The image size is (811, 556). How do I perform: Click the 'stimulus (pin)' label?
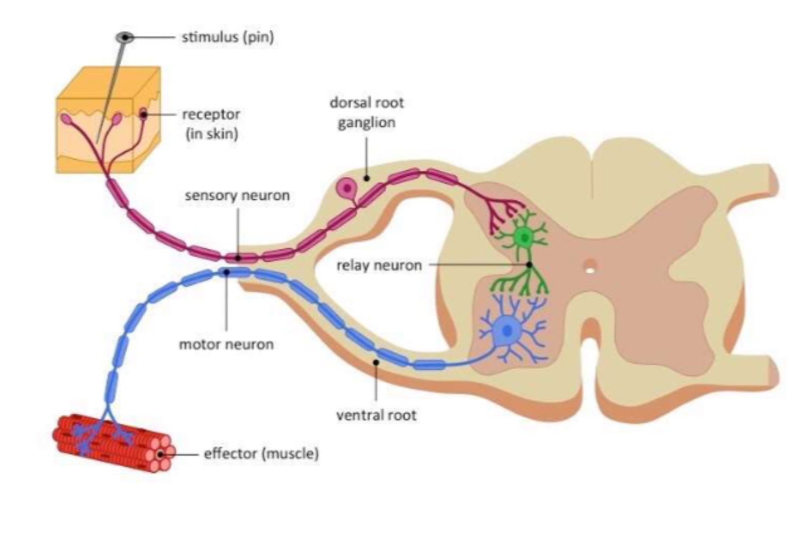228,38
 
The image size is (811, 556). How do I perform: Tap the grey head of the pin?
125,38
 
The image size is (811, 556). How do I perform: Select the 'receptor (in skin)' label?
211,123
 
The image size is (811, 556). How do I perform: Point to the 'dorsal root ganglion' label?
367,113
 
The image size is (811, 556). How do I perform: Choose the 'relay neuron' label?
379,265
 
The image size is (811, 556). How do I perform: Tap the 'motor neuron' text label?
226,344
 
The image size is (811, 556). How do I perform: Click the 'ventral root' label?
376,415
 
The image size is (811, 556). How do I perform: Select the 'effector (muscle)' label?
261,454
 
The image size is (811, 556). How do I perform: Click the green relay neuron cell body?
522,237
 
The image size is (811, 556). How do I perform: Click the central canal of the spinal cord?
589,266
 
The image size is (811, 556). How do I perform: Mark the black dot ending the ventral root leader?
376,363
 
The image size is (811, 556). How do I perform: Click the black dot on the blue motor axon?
226,273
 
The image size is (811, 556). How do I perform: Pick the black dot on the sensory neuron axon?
238,258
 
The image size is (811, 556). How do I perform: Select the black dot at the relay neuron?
529,265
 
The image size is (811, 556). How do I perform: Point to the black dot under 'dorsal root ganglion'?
367,178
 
